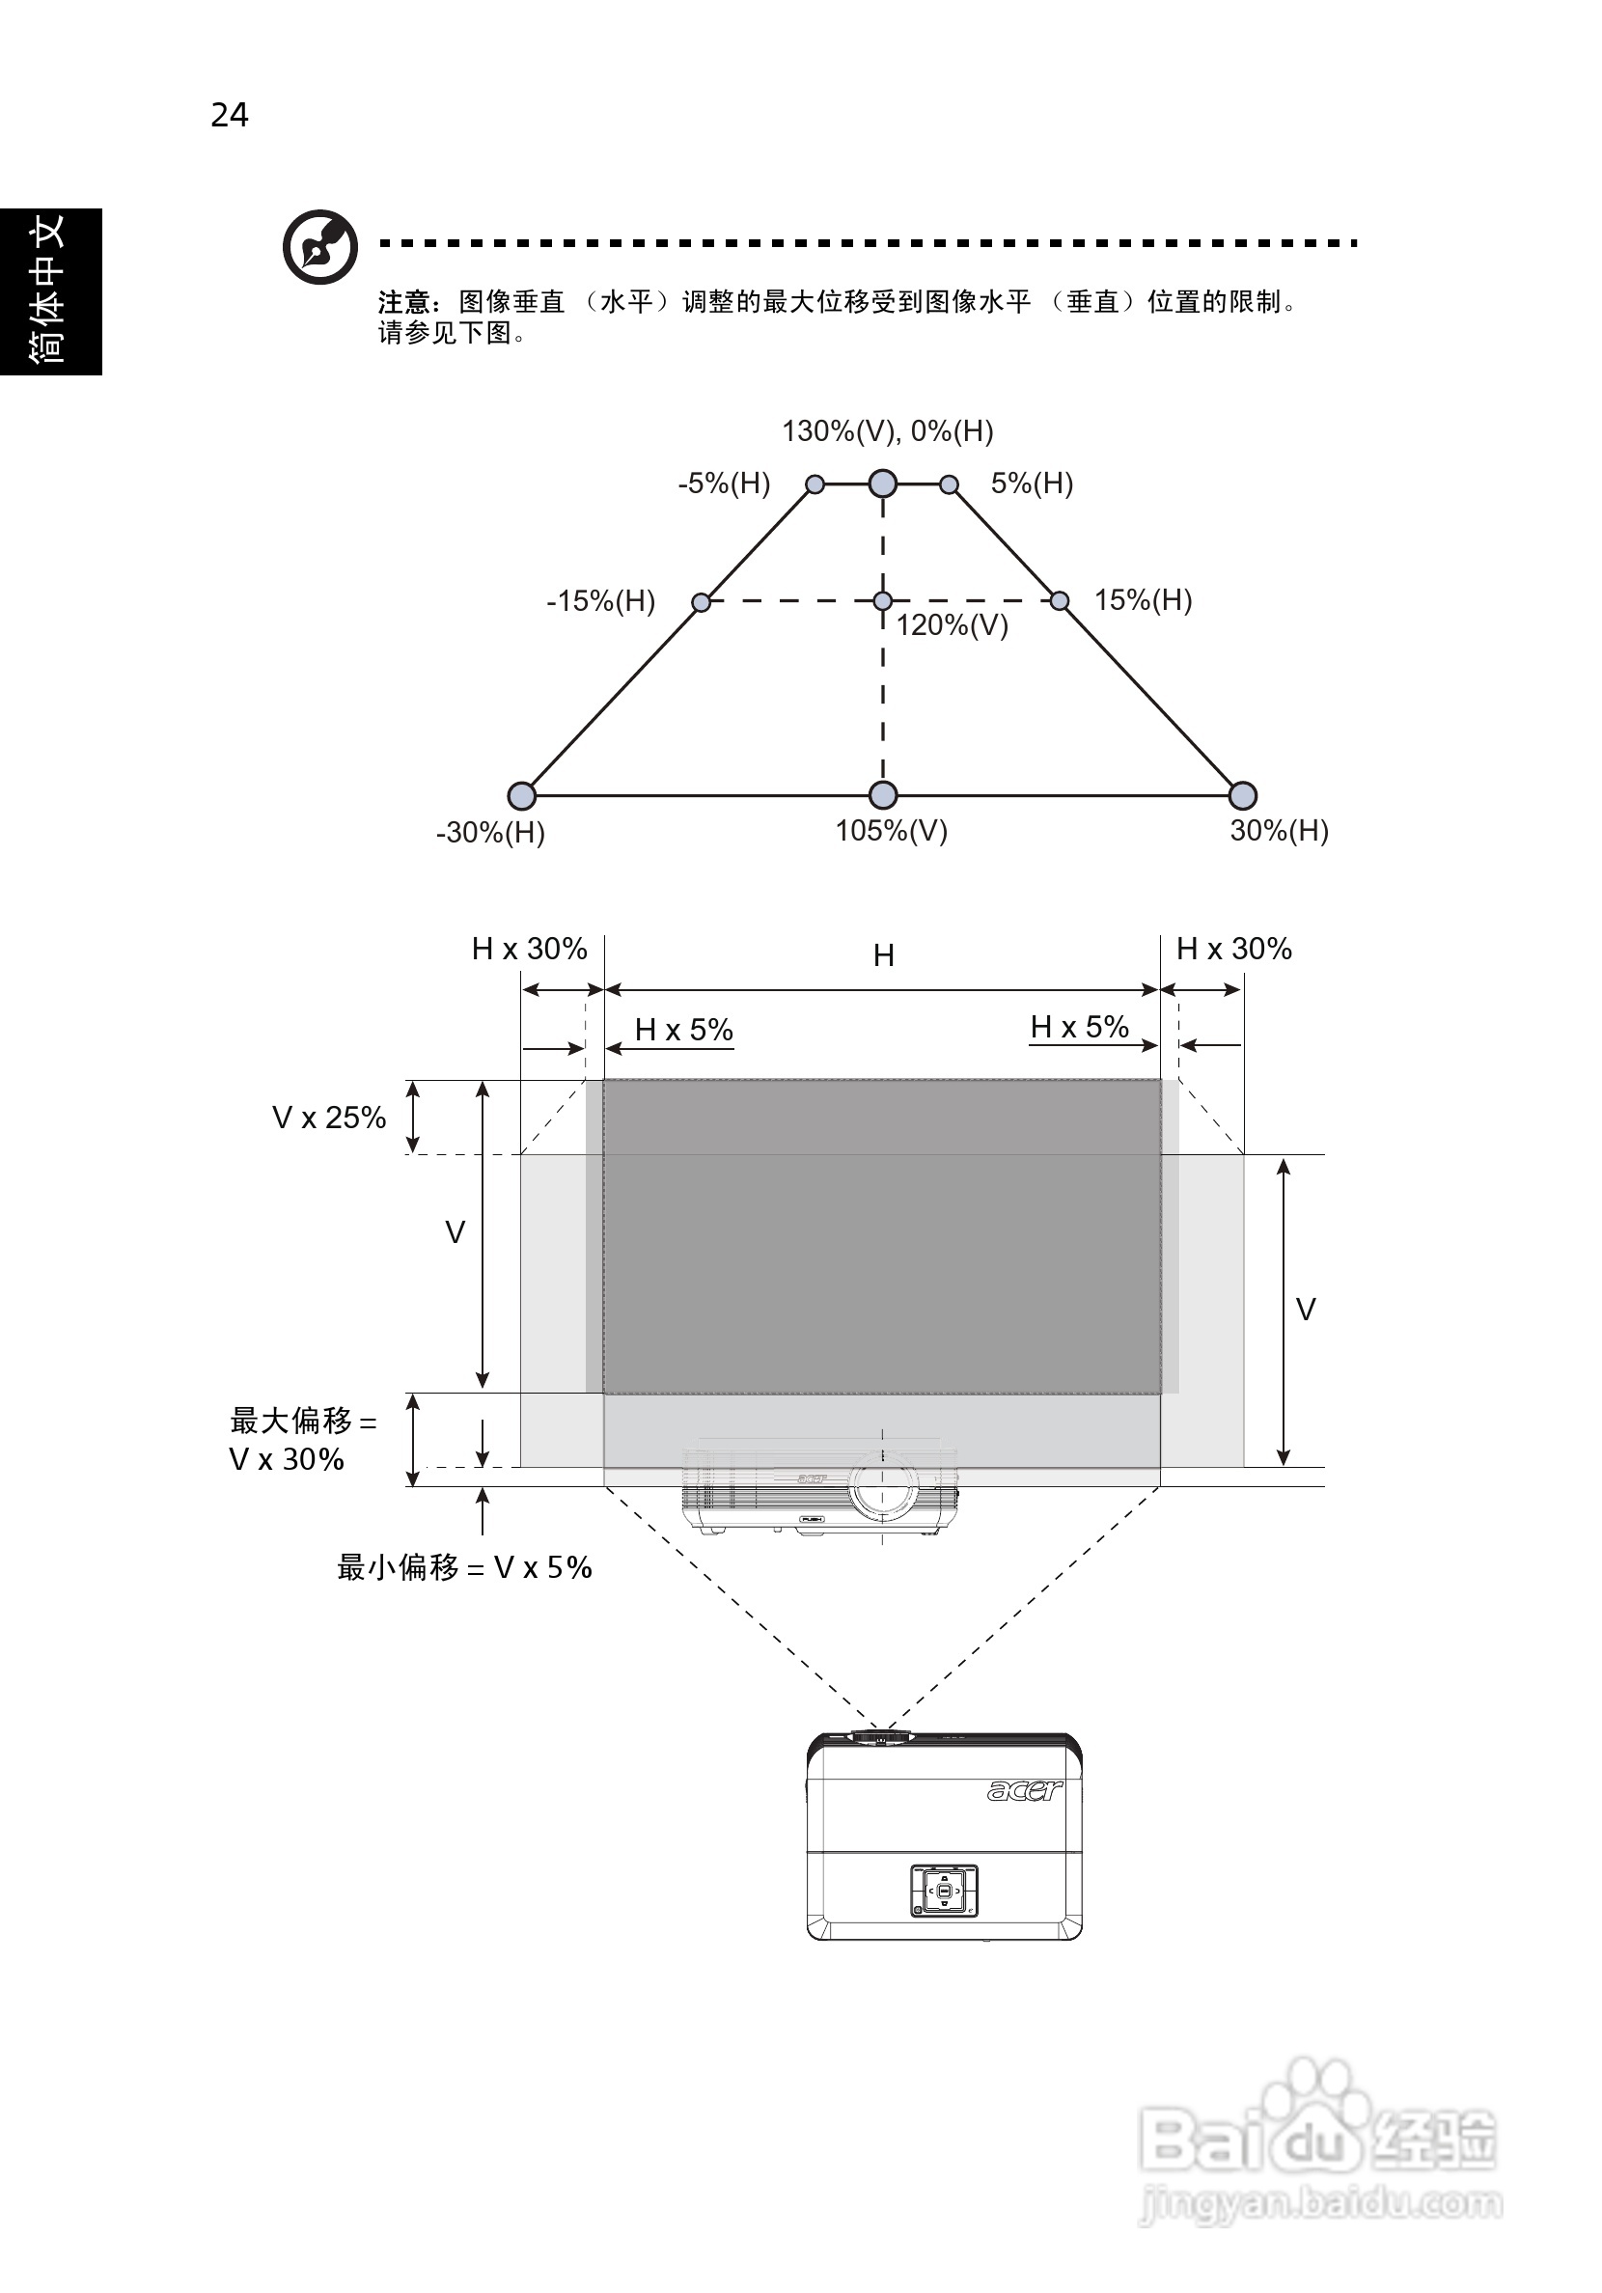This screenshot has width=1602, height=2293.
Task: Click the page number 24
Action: pyautogui.click(x=230, y=116)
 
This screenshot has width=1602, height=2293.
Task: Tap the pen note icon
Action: pyautogui.click(x=319, y=247)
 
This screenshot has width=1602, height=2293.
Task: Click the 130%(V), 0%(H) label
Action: pyautogui.click(x=887, y=431)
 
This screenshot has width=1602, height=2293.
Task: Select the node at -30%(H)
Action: pyautogui.click(x=521, y=795)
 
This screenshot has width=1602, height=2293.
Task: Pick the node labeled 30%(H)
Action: pyautogui.click(x=1242, y=795)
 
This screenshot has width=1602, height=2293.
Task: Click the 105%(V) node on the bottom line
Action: pyautogui.click(x=883, y=795)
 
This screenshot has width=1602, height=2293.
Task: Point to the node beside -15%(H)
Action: pyautogui.click(x=702, y=602)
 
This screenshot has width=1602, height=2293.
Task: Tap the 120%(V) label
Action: pyautogui.click(x=952, y=626)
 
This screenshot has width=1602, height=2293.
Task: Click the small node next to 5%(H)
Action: pyautogui.click(x=950, y=484)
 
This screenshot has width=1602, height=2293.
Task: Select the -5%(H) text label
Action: pyautogui.click(x=724, y=484)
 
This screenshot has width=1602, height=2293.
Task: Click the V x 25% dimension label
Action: pyautogui.click(x=328, y=1118)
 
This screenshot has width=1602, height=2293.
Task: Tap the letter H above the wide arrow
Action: pyautogui.click(x=884, y=955)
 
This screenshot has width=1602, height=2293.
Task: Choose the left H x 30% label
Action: pyautogui.click(x=530, y=949)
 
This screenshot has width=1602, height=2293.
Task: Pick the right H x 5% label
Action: pyautogui.click(x=1080, y=1027)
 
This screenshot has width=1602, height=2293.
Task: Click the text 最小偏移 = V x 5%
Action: pyautogui.click(x=464, y=1568)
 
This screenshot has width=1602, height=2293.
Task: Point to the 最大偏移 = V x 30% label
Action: pyautogui.click(x=302, y=1440)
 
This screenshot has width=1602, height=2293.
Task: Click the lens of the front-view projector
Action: pyautogui.click(x=883, y=1484)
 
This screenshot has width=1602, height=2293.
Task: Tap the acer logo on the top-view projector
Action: pyautogui.click(x=1024, y=1790)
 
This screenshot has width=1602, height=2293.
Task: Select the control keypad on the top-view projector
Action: pyautogui.click(x=943, y=1890)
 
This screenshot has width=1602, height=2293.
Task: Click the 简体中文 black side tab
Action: pyautogui.click(x=50, y=290)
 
